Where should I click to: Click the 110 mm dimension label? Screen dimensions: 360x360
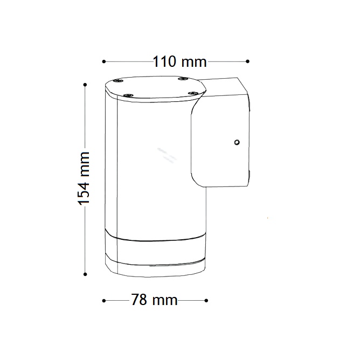(x=180, y=61)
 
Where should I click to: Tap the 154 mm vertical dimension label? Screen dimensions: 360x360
(x=84, y=178)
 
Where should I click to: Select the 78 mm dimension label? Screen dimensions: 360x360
(x=154, y=300)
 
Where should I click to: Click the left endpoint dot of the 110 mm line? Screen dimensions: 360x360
(x=104, y=61)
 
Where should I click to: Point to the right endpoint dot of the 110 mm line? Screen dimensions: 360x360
(x=247, y=61)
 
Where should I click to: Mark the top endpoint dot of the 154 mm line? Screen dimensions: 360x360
(x=85, y=85)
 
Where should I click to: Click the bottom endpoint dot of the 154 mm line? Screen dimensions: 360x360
(x=85, y=274)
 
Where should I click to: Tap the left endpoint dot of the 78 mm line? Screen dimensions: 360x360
(x=104, y=301)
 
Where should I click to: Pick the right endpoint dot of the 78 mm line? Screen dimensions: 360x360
(x=206, y=300)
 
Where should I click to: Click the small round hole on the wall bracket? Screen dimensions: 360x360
(x=237, y=142)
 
